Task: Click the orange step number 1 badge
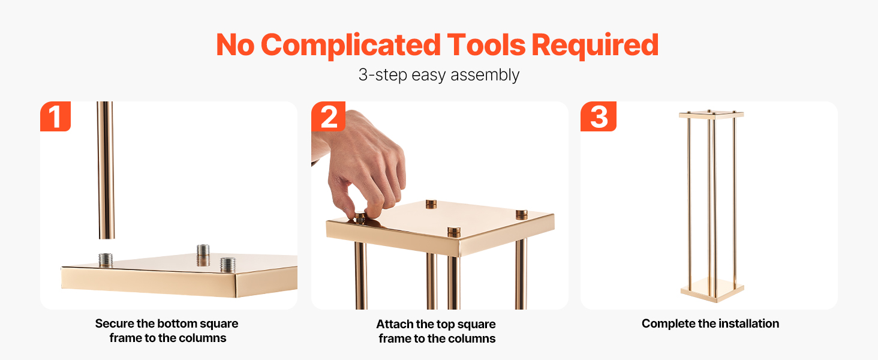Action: pos(55,116)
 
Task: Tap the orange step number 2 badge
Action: pos(328,116)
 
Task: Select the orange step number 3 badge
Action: pos(599,116)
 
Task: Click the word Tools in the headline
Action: pos(486,45)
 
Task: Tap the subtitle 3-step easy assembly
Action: pos(439,75)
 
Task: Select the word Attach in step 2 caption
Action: pos(394,325)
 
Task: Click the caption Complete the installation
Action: pos(710,323)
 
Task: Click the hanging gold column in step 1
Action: pos(106,170)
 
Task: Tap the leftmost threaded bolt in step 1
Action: pos(106,260)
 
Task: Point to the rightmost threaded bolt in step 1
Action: pos(228,265)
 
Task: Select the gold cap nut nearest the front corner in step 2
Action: pos(454,232)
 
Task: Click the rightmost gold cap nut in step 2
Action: pos(521,215)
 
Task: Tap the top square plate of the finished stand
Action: pos(711,115)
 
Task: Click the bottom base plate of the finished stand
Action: pos(712,291)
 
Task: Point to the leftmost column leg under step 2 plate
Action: pos(360,275)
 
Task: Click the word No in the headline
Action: pos(235,46)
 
